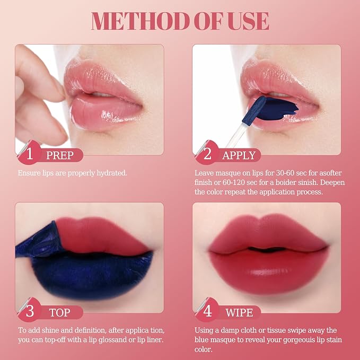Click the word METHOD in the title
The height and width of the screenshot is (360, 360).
click(x=141, y=21)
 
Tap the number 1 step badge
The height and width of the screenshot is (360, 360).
click(x=29, y=153)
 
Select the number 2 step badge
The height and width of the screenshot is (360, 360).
click(x=207, y=153)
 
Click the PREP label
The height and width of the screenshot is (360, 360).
click(x=60, y=155)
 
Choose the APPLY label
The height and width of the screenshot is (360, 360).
click(x=239, y=155)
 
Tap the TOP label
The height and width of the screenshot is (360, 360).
click(x=59, y=313)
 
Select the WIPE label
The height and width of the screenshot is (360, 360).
click(x=239, y=313)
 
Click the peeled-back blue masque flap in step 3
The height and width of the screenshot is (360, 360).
click(x=37, y=241)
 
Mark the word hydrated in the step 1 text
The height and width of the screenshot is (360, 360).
click(x=111, y=173)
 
